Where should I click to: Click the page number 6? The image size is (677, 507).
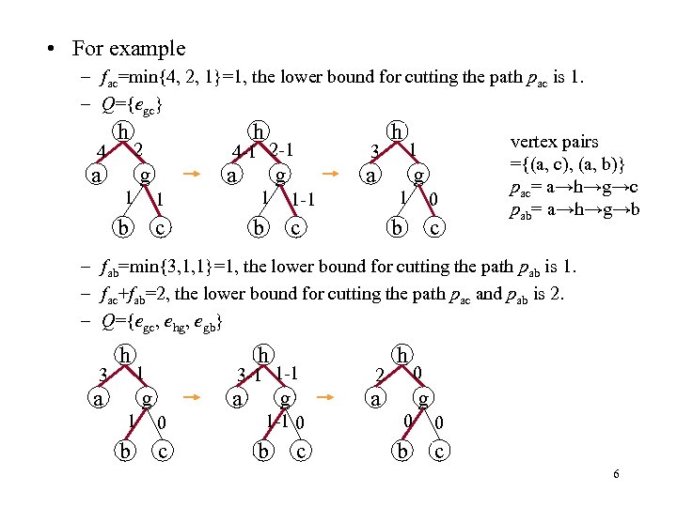615,474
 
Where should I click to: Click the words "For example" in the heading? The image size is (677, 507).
141,48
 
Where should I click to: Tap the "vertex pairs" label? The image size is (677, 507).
553,142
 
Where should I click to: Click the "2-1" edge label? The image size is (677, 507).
284,149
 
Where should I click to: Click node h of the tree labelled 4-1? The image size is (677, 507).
256,131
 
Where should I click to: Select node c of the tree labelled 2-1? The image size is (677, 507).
295,227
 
